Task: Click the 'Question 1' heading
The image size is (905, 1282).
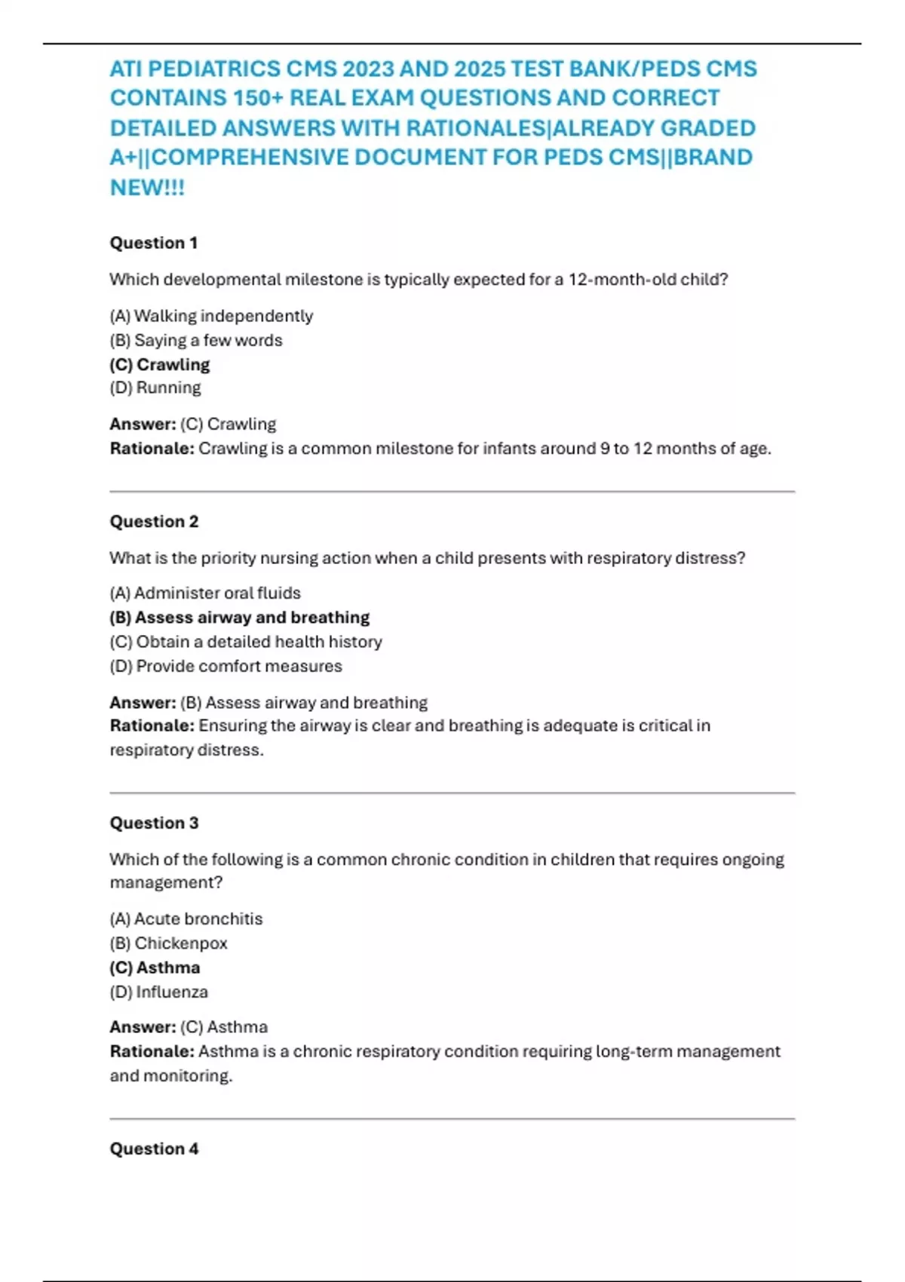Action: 154,243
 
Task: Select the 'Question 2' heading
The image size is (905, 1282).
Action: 154,521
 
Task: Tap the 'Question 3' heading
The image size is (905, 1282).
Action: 154,823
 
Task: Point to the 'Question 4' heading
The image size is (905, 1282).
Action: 154,1149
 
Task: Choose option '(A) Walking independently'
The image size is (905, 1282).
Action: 211,316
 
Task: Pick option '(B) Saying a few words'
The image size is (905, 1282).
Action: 196,340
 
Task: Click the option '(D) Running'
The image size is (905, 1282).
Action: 155,388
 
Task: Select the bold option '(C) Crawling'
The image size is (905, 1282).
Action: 160,364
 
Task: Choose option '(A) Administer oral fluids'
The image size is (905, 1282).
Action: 205,593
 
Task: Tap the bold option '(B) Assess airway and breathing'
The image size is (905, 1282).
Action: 240,617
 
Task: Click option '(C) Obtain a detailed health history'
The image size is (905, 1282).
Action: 246,642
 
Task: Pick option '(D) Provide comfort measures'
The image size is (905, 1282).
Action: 225,666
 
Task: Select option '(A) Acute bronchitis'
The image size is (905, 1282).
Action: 186,919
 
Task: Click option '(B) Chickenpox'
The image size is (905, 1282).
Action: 168,943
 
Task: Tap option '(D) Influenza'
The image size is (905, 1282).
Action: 158,992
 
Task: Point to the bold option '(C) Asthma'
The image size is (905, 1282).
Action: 155,968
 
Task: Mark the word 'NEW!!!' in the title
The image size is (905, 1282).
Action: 147,187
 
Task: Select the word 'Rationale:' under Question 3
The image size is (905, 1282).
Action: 152,1051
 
